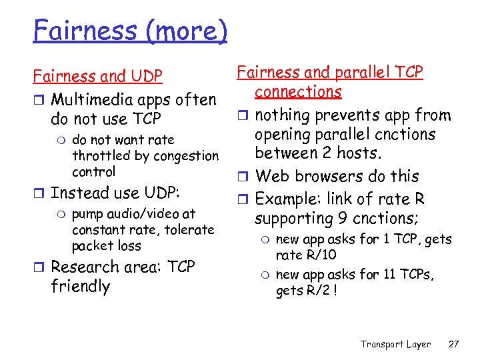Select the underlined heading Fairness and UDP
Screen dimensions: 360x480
[97, 77]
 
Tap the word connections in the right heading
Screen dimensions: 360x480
[297, 91]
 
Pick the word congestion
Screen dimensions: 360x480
[185, 155]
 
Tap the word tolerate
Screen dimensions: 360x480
[188, 230]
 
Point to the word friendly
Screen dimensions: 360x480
[80, 287]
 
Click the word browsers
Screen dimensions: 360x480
[333, 177]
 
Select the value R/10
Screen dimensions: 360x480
[321, 255]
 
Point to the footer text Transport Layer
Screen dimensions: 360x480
[395, 344]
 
